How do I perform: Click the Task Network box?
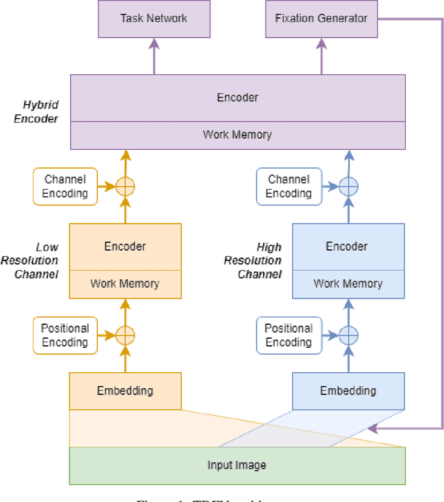153,19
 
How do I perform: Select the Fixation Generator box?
321,19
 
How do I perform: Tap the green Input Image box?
237,465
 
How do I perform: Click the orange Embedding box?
125,391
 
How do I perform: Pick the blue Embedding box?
348,391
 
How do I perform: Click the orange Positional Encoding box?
65,335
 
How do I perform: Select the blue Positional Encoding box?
288,335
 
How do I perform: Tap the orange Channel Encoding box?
65,186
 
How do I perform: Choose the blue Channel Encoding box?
288,186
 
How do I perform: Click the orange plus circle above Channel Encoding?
125,186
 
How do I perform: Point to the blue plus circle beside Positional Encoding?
348,335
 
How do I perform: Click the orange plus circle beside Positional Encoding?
125,335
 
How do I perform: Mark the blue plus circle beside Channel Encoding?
348,186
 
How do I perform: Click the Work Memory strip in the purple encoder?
237,135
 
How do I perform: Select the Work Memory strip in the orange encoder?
125,283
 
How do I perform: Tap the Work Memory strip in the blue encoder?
348,283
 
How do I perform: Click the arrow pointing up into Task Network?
153,56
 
